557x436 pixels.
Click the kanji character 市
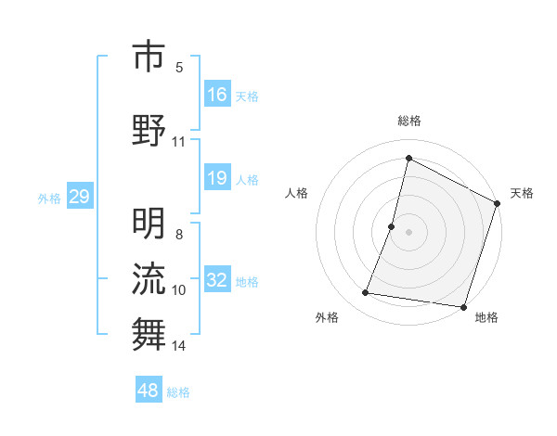coord(149,58)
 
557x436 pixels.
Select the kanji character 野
coord(149,130)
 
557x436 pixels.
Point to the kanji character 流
coord(149,279)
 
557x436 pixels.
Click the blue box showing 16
coord(217,95)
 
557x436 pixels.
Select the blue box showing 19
coord(217,178)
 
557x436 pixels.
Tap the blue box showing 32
coord(217,281)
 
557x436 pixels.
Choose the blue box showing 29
coord(79,198)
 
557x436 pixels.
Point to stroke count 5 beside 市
coord(179,68)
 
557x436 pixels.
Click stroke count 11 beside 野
coord(179,142)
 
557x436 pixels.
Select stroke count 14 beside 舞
coord(179,346)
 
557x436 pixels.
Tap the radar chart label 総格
coord(409,121)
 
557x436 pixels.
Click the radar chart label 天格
coord(522,193)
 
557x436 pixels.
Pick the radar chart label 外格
coord(327,317)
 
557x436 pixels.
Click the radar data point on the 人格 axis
coord(392,226)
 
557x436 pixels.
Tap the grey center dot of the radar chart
coord(409,232)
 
